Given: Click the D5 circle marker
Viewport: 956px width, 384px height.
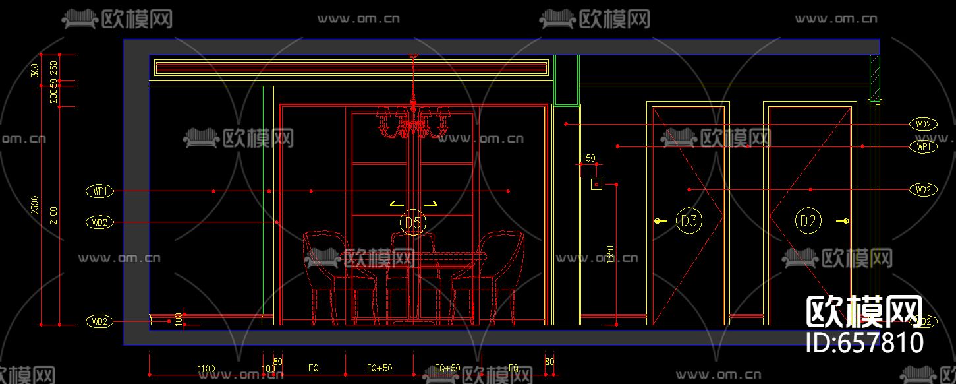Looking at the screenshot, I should (x=413, y=223).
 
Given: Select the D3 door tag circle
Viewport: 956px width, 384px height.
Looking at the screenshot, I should (x=689, y=221).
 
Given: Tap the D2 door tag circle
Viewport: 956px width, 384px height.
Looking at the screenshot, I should (x=808, y=221).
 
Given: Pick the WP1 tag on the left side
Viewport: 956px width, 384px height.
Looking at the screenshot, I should (x=100, y=191).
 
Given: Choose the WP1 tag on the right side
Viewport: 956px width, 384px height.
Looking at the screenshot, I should (x=923, y=146).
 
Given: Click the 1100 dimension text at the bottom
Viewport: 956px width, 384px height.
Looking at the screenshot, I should (x=206, y=368).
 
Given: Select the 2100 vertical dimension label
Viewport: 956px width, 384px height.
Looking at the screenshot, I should (x=53, y=215).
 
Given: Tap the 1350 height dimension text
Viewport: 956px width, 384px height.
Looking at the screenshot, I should (x=610, y=255).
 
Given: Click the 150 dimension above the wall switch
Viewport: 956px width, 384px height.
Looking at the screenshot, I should (x=588, y=158).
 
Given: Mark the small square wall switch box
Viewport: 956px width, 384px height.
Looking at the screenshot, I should (x=596, y=185).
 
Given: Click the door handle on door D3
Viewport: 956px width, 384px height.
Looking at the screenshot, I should (x=658, y=221).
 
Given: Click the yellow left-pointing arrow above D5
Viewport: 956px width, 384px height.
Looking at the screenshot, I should (x=396, y=204).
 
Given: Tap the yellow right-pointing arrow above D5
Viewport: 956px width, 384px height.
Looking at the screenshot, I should (x=430, y=204).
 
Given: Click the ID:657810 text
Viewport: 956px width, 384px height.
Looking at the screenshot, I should (x=865, y=342).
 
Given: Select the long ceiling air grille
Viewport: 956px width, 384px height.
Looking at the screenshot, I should (x=351, y=67).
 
